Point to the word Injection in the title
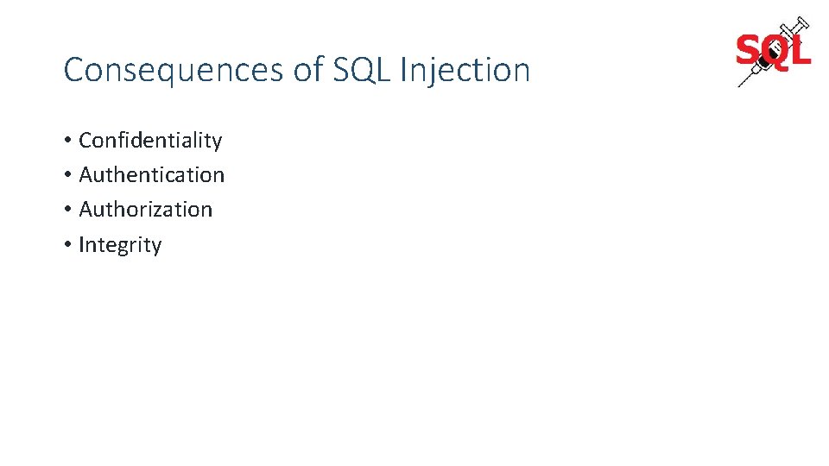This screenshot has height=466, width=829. (465, 70)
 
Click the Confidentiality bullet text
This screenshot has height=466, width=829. (150, 140)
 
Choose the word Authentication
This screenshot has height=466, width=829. (151, 174)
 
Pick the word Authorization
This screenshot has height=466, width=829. (145, 209)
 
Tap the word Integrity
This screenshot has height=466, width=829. (120, 244)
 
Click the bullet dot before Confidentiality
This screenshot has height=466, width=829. (67, 141)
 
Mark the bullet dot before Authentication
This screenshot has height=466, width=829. (67, 175)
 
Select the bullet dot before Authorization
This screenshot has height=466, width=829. (67, 210)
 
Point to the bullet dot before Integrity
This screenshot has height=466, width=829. (67, 245)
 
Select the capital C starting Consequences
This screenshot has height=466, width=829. (73, 70)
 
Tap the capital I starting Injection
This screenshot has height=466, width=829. (403, 70)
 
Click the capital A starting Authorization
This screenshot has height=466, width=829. (86, 209)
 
